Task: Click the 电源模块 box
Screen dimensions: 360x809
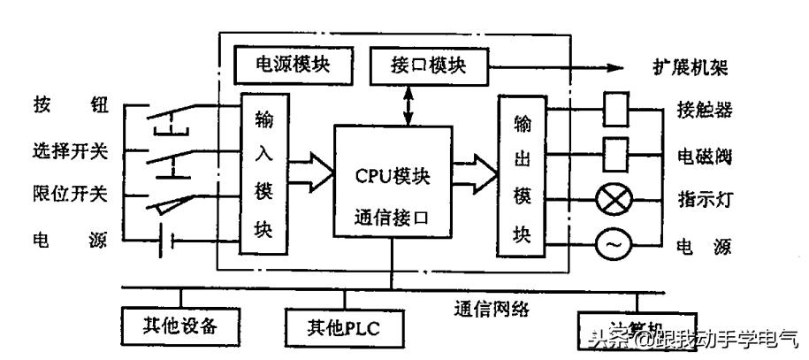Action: coord(291,65)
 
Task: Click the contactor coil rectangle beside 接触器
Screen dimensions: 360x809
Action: coord(616,111)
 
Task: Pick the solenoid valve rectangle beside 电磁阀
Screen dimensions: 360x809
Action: coord(616,153)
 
